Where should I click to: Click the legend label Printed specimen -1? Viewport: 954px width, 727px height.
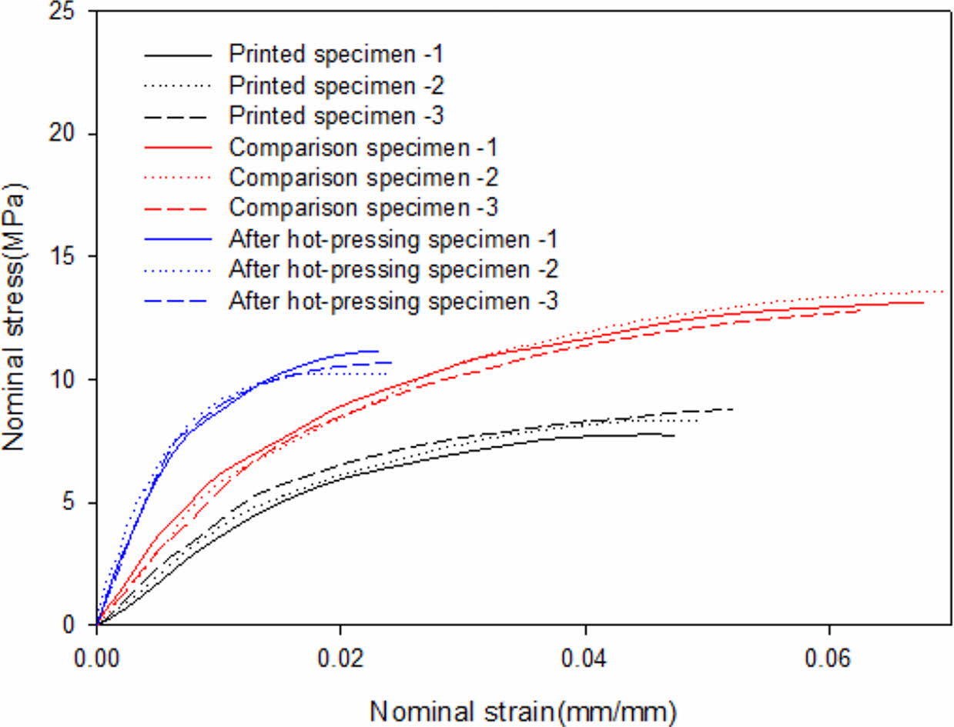tap(336, 55)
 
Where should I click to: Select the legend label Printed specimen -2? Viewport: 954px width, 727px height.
tap(336, 85)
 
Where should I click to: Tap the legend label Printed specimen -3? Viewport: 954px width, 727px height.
tap(336, 116)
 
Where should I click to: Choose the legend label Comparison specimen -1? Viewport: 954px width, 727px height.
tap(363, 147)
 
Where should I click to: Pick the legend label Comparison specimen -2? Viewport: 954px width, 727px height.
tap(363, 178)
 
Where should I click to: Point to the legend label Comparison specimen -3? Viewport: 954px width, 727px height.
tap(363, 208)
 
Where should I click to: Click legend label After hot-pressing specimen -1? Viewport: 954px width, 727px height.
tap(393, 239)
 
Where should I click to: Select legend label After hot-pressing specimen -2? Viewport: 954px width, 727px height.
tap(393, 270)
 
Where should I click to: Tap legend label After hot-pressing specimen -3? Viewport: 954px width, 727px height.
tap(393, 301)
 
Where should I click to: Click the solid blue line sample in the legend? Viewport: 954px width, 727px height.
tap(177, 239)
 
